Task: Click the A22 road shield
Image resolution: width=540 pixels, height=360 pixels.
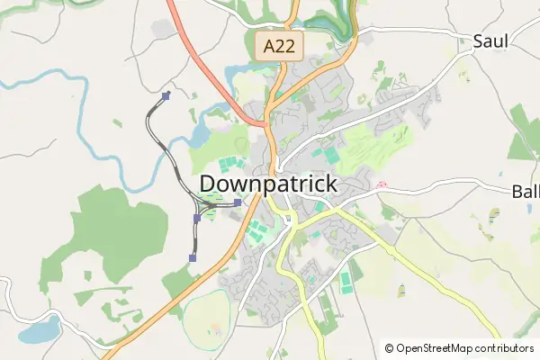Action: pos(278,46)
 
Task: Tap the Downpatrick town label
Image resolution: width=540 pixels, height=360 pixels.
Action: pos(268,184)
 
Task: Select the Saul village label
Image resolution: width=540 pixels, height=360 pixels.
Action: pos(490,40)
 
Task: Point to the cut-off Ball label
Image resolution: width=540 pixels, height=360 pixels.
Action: pos(525,191)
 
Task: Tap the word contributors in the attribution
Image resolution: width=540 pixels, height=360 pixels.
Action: pos(506,348)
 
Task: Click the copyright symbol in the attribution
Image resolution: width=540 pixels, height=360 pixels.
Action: pos(389,348)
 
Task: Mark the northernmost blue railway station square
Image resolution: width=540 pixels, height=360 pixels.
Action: pos(166,94)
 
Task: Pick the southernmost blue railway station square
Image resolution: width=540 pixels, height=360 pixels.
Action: pos(193,257)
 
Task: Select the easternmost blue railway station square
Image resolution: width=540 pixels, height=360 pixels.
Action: pos(237,202)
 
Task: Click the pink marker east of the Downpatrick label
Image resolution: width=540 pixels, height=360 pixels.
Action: pos(381,184)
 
